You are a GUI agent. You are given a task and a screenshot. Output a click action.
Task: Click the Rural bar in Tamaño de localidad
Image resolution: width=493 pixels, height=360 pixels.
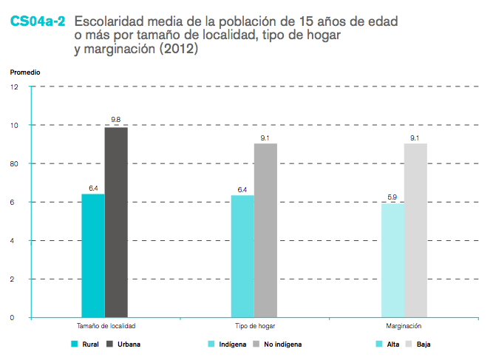pos(93,256)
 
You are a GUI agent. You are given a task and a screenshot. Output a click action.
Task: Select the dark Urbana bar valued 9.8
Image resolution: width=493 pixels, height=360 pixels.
pos(116,223)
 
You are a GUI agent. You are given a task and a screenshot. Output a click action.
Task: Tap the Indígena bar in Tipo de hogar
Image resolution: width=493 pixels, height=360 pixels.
pos(242,257)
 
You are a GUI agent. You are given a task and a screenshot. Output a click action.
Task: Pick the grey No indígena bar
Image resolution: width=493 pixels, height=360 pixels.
pos(265,231)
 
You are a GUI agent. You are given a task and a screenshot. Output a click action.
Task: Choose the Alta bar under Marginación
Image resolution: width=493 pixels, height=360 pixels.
pos(392,261)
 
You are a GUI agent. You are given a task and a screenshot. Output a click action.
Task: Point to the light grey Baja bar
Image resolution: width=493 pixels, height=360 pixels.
pos(415,231)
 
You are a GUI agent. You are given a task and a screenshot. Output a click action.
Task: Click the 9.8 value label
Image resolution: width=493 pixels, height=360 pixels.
pos(116,120)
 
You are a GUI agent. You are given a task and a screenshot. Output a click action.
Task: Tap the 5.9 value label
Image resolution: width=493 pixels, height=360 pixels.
pos(392,197)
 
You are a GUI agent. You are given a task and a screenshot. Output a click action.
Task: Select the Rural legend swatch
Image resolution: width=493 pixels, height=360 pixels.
pos(74,344)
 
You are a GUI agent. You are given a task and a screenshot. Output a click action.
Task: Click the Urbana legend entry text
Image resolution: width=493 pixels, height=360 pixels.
pos(129,344)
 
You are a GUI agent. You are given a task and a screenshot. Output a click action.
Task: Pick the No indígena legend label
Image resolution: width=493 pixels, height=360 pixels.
pos(283,344)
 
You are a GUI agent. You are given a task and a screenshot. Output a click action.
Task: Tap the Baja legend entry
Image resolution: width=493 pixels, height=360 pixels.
pos(424,344)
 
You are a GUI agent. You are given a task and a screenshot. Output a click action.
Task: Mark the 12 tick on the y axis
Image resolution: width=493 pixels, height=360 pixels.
pos(15,87)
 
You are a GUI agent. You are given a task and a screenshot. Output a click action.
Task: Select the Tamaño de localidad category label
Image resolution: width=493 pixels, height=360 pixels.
pos(105,326)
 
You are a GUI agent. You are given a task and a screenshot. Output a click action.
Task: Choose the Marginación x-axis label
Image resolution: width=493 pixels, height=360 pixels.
pos(404,326)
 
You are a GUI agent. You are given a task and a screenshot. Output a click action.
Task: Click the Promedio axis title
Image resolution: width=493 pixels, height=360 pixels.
pos(25,72)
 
